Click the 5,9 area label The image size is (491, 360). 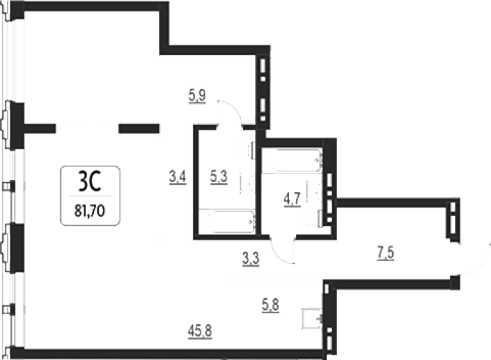(x=197, y=95)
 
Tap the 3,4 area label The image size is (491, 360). (x=178, y=177)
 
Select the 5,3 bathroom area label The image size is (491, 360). (x=219, y=177)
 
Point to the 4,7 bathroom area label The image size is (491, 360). (x=292, y=199)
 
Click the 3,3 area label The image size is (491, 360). (x=251, y=259)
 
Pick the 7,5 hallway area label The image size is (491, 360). (x=386, y=253)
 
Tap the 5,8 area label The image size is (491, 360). (x=270, y=305)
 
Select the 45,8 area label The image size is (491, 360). (x=200, y=331)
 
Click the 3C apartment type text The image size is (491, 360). (x=90, y=182)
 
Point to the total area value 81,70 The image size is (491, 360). (x=90, y=211)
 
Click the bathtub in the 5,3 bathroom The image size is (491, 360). (x=227, y=222)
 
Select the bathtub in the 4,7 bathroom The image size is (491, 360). (x=292, y=161)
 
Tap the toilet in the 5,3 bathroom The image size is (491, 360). (x=245, y=151)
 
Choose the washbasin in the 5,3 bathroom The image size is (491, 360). (x=247, y=184)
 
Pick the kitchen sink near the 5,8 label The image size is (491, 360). (x=312, y=318)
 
